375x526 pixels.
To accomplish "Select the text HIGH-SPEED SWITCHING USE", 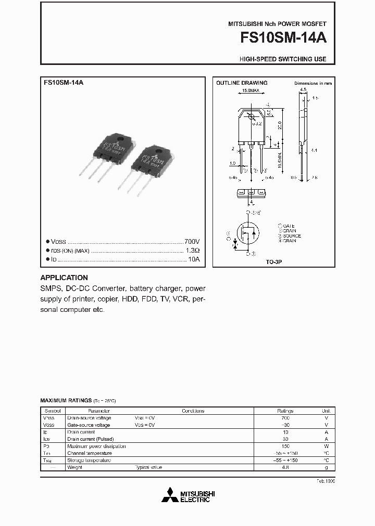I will (283, 59).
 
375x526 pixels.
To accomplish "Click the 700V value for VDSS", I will (192, 242).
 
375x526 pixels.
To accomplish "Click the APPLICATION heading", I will (64, 278).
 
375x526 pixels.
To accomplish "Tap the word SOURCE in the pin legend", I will (292, 236).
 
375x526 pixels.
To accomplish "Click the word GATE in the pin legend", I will (289, 226).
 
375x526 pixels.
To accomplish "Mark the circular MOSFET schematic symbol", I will (249, 233).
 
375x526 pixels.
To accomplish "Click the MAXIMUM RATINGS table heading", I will (66, 401).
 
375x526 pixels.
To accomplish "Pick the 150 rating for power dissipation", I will (285, 446).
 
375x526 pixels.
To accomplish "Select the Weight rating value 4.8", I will (285, 467).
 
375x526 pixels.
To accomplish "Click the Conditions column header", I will (193, 411).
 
